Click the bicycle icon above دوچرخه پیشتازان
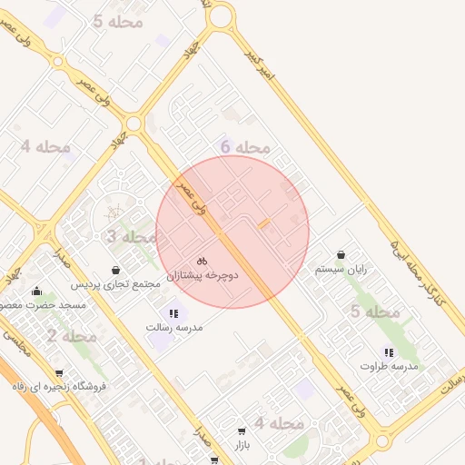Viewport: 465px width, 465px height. click(x=202, y=260)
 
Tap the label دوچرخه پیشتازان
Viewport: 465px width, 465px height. click(x=203, y=273)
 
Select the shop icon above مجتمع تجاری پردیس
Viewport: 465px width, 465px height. click(x=116, y=270)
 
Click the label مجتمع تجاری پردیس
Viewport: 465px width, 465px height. click(x=116, y=283)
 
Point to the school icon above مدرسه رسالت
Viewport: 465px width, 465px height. click(x=173, y=313)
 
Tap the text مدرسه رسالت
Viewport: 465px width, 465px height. click(x=173, y=326)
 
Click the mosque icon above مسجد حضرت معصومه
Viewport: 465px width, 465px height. click(x=36, y=292)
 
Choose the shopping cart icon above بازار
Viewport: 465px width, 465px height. click(x=241, y=431)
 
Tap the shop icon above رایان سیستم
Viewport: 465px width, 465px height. click(x=341, y=255)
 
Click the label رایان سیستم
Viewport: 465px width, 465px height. click(x=341, y=269)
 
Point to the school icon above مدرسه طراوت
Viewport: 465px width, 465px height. click(x=389, y=352)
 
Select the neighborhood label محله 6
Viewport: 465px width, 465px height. click(x=245, y=147)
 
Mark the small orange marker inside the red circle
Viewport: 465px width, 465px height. click(x=264, y=223)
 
